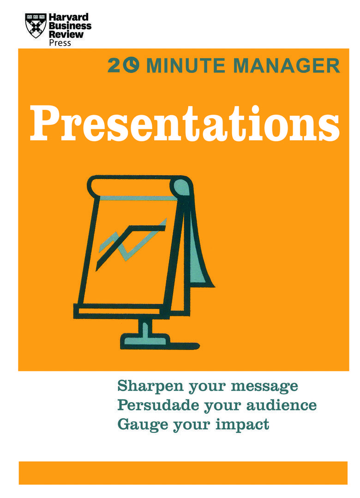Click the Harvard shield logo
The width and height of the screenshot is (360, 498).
[36, 25]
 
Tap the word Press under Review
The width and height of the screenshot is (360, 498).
[60, 43]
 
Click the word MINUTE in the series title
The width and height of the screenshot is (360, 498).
[187, 66]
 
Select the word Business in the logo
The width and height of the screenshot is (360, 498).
[70, 26]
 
